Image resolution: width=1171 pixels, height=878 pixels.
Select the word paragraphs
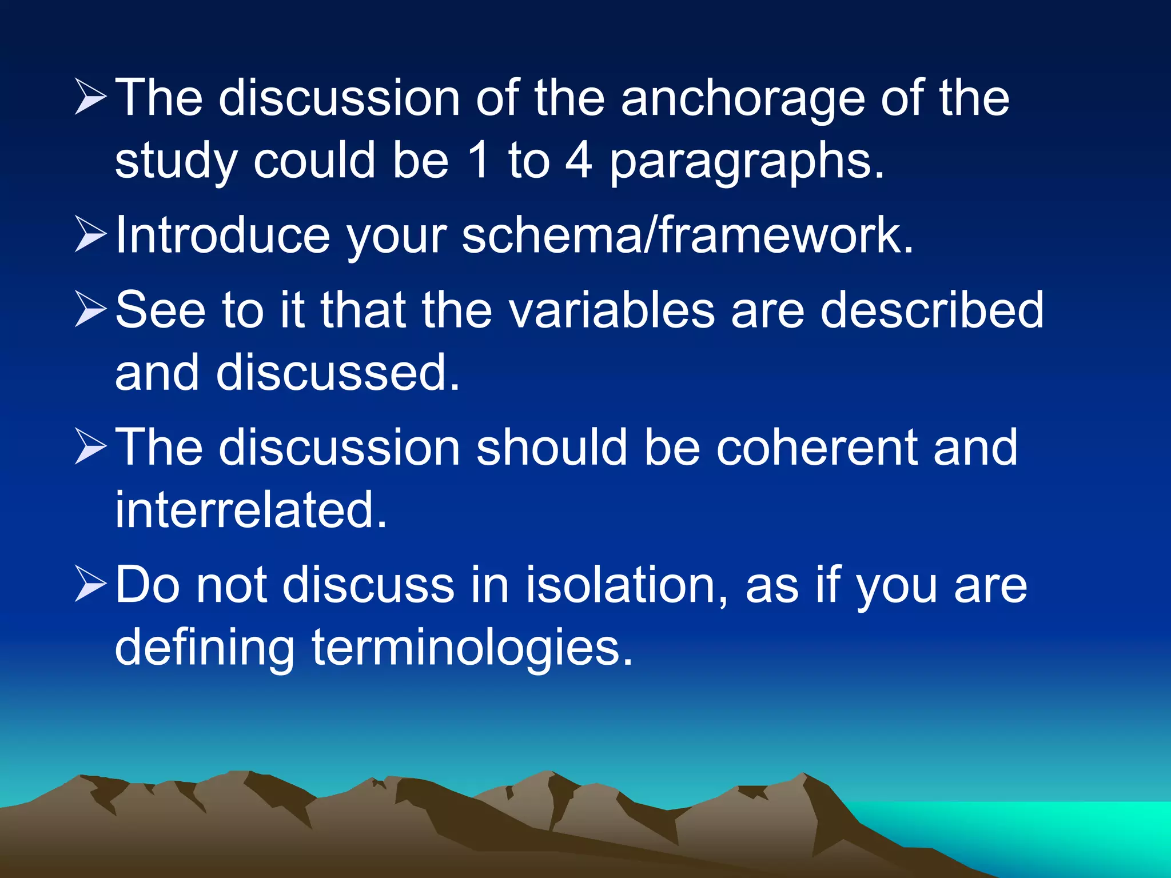pos(746,163)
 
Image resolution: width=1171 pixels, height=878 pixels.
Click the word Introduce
pos(222,235)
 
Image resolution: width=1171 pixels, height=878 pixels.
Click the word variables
pos(611,310)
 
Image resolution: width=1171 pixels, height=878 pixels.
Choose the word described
pos(932,310)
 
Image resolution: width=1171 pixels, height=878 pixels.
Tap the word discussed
pos(338,373)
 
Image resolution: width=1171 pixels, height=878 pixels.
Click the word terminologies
pos(472,648)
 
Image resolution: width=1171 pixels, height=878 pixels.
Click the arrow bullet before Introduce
pos(90,235)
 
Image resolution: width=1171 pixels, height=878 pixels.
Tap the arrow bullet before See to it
pos(90,310)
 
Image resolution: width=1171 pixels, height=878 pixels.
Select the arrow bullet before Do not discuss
pos(90,585)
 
